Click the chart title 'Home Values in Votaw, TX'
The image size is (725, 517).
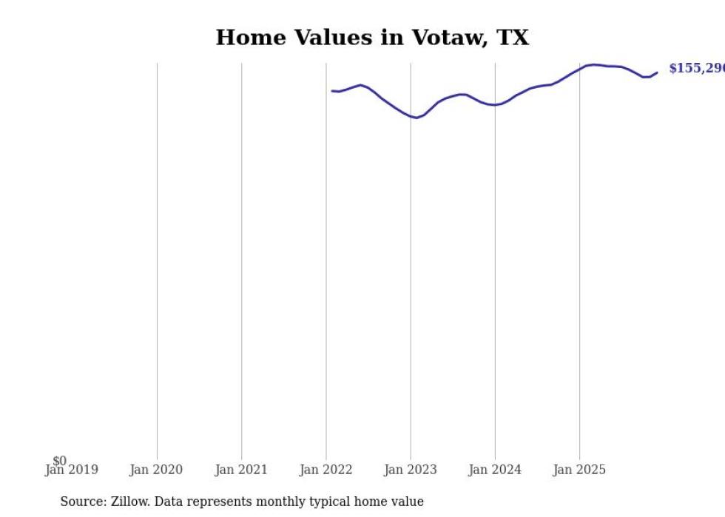[x=372, y=38]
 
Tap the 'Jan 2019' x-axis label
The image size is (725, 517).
[x=71, y=470]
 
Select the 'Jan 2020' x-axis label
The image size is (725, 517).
[x=156, y=470]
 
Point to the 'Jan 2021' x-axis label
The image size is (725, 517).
[x=241, y=470]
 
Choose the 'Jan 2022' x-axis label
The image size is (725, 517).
[x=326, y=470]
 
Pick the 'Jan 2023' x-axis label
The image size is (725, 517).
[x=411, y=470]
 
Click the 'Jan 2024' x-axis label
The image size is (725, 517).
[x=495, y=470]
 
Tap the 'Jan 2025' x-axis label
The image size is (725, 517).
[x=579, y=470]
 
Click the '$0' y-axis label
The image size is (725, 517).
[x=60, y=461]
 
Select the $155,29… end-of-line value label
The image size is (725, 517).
[x=696, y=69]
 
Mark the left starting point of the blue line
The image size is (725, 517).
[x=332, y=91]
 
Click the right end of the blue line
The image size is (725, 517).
[x=657, y=72]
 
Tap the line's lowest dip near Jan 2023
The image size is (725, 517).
[x=417, y=118]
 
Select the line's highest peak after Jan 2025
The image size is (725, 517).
[x=594, y=64]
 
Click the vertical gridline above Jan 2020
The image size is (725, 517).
[x=157, y=259]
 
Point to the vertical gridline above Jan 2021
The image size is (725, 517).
[x=241, y=259]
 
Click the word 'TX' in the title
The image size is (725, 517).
[x=513, y=38]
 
